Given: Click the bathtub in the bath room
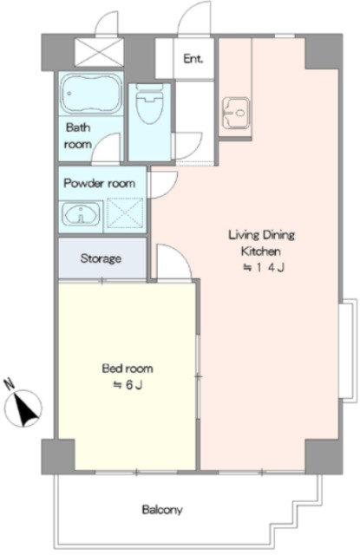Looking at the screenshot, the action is (x=91, y=94).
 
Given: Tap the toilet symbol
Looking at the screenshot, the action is (x=150, y=103).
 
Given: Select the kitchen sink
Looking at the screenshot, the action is (x=236, y=113).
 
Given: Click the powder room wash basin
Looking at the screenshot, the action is (x=81, y=214).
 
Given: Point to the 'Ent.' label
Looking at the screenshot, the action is (x=193, y=59).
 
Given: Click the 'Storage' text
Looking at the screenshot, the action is (x=101, y=258).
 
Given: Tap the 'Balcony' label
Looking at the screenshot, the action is (x=162, y=510).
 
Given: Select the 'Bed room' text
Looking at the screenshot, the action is (x=128, y=369).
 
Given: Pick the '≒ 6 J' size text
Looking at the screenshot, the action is (x=128, y=385).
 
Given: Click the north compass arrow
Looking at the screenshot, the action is (x=24, y=408).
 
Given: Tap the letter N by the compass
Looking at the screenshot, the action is (x=9, y=384).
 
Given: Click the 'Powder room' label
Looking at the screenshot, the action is (x=100, y=183).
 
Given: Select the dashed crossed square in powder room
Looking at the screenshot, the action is (x=125, y=212).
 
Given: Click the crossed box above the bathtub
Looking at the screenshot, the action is (x=100, y=52).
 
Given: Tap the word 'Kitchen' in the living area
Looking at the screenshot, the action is (x=261, y=251).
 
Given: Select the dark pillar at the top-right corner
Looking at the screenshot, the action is (x=324, y=52).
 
